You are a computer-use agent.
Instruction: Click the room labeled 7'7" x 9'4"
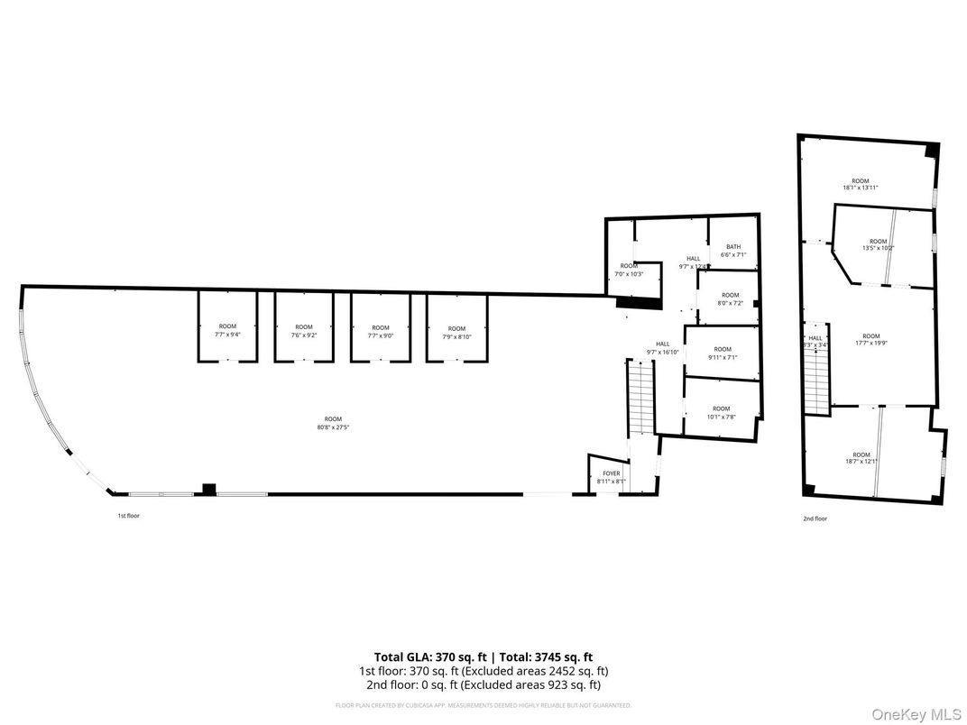[227, 330]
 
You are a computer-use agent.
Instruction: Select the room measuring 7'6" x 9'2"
[303, 330]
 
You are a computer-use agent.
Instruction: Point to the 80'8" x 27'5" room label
[333, 423]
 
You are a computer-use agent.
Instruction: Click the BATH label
[732, 251]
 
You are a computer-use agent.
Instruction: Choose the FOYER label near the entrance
[612, 477]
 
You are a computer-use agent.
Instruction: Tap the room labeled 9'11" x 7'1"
[722, 353]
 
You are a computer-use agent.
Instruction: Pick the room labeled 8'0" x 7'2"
[730, 299]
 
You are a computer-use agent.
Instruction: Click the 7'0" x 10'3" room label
[629, 270]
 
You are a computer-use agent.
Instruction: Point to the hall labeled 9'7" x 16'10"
[662, 347]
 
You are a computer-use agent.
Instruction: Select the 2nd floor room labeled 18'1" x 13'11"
[860, 184]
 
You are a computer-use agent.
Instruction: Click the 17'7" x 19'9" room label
[870, 340]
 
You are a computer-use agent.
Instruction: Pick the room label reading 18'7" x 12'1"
[861, 458]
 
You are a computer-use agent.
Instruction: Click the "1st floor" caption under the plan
[128, 516]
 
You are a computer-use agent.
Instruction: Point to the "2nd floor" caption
[815, 519]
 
